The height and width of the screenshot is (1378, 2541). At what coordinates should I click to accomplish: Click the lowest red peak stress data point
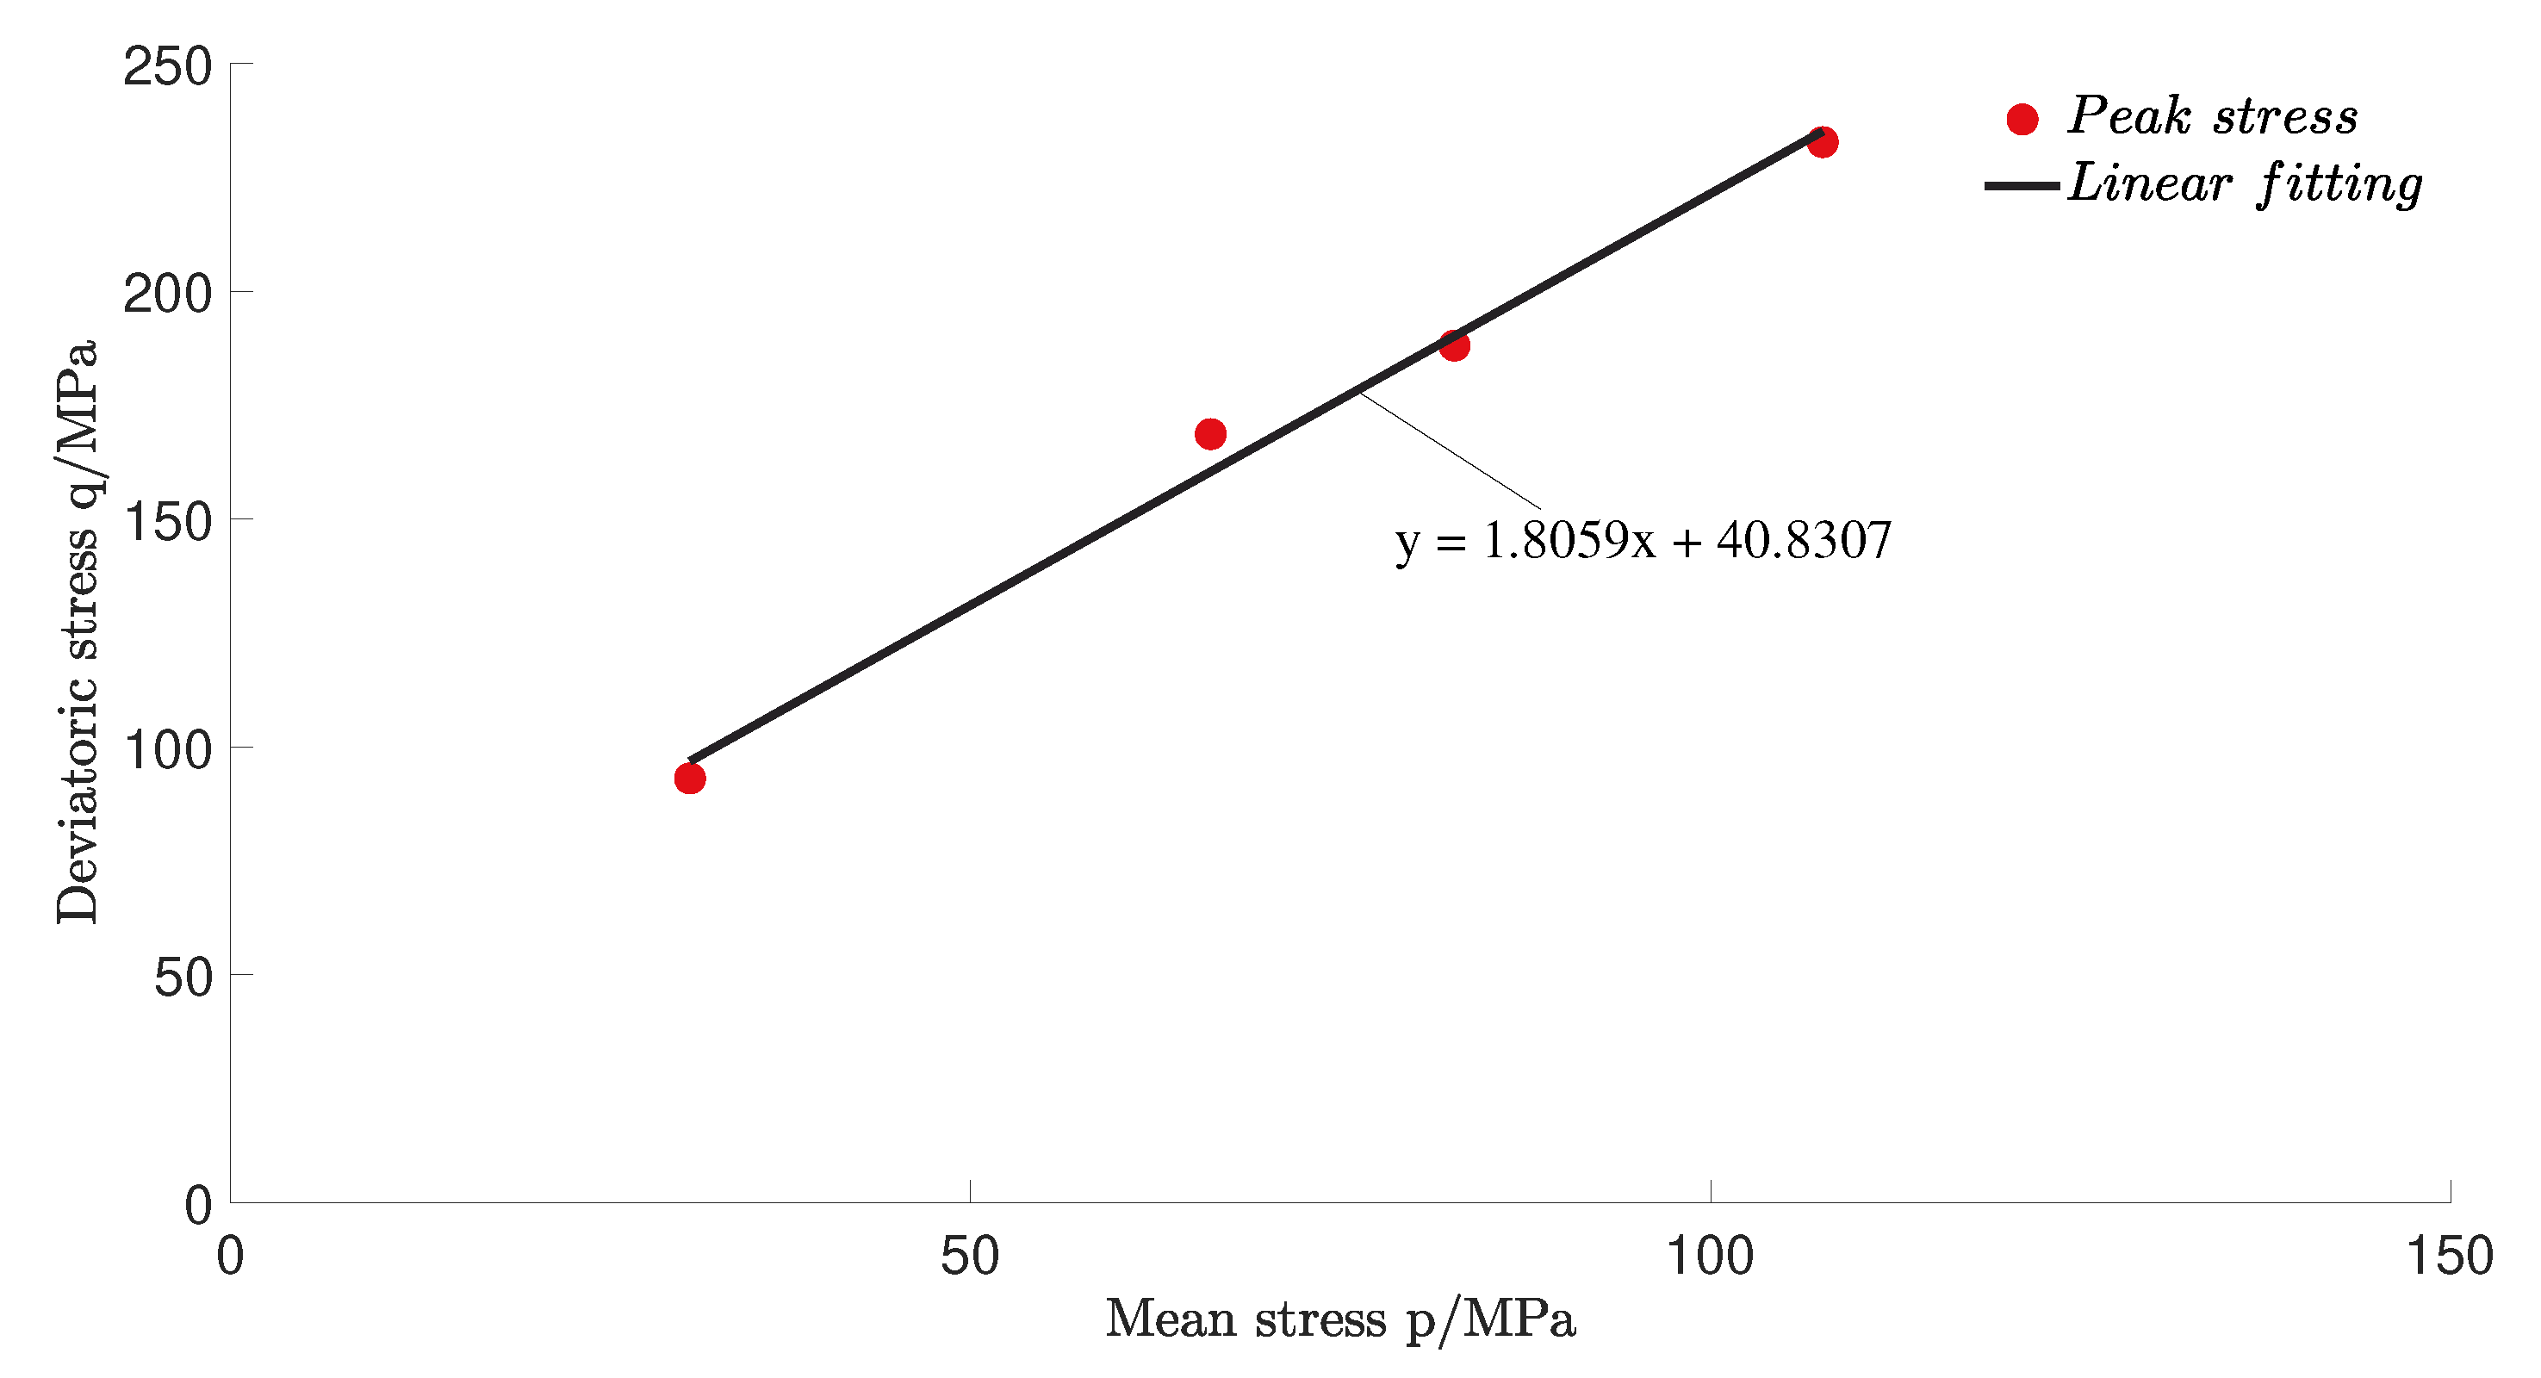point(689,779)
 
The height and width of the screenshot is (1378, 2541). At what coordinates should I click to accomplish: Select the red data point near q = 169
point(1210,434)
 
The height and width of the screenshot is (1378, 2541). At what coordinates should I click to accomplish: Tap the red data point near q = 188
point(1454,345)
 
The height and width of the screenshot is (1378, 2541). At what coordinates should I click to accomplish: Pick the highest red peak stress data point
point(1822,142)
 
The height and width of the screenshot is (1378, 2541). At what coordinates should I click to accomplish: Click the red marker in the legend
point(2022,120)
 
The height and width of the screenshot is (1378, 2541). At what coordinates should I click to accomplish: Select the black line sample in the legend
point(2022,185)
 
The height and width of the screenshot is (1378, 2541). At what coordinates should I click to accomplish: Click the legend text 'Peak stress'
point(2213,116)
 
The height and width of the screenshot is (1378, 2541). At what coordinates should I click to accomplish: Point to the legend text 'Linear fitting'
point(2244,184)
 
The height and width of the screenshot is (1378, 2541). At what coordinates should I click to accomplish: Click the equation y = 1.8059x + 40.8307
point(1643,542)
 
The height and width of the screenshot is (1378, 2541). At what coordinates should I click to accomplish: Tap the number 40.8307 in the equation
point(1803,541)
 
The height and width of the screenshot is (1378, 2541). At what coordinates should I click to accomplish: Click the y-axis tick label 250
point(168,67)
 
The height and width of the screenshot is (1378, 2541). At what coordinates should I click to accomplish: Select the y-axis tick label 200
point(168,294)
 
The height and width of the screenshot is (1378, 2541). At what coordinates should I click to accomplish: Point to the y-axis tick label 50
point(183,978)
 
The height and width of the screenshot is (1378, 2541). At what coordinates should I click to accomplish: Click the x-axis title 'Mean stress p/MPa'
point(1339,1319)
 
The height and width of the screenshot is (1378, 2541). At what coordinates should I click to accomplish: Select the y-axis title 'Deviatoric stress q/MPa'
point(77,631)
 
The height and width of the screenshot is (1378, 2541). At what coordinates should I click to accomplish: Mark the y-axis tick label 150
point(168,522)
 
